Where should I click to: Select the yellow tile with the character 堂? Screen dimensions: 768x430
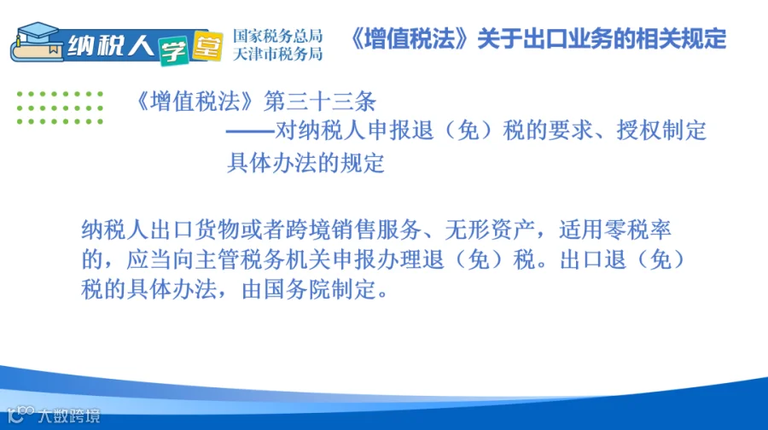pos(207,46)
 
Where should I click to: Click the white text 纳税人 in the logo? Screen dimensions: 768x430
pos(111,47)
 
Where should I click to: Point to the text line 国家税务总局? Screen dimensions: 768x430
pos(277,36)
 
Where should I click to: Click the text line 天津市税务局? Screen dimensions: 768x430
pos(277,54)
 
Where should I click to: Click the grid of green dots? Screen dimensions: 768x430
pos(60,107)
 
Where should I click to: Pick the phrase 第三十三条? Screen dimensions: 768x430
pos(320,102)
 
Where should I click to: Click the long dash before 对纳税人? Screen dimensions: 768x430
pos(250,131)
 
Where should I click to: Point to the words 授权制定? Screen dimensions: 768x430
pos(661,131)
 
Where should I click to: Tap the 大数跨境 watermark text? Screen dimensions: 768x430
pos(69,415)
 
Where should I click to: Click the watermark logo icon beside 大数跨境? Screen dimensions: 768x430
pos(21,415)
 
